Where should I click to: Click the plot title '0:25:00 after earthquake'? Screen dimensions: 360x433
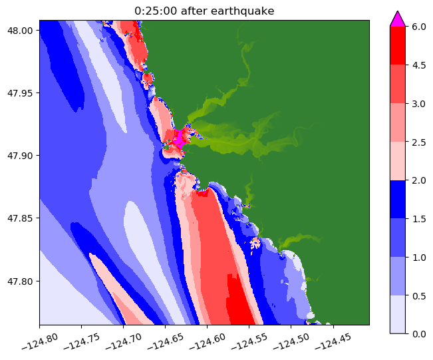pyautogui.click(x=204, y=10)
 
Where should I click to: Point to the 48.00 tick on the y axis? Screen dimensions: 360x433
pyautogui.click(x=23, y=30)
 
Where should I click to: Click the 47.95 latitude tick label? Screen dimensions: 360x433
pyautogui.click(x=23, y=93)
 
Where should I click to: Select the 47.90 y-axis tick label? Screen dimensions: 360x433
pyautogui.click(x=23, y=156)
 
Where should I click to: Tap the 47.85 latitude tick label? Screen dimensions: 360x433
pyautogui.click(x=23, y=218)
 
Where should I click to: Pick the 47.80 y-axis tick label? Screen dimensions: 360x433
pyautogui.click(x=23, y=281)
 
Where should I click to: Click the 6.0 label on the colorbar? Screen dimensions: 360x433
pyautogui.click(x=418, y=27)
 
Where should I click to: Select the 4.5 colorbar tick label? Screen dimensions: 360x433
pyautogui.click(x=418, y=65)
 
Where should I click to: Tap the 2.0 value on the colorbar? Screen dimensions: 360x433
pyautogui.click(x=418, y=180)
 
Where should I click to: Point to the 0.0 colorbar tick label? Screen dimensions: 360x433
pyautogui.click(x=418, y=333)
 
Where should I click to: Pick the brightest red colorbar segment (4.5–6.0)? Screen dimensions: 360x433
pyautogui.click(x=398, y=45)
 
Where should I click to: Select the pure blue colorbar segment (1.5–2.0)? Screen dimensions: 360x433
pyautogui.click(x=398, y=198)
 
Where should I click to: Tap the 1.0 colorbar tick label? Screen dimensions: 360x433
pyautogui.click(x=418, y=256)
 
